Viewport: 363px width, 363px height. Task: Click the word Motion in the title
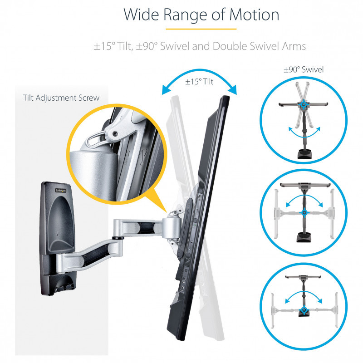(x=254, y=15)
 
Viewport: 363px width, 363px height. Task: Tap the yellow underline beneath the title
(x=201, y=29)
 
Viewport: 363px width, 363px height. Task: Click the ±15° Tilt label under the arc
(x=199, y=82)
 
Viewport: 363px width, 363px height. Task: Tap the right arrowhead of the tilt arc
(x=233, y=90)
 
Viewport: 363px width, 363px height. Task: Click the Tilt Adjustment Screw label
(x=61, y=98)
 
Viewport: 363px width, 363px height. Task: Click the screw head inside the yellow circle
(x=115, y=133)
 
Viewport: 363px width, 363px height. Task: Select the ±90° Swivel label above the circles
(x=304, y=69)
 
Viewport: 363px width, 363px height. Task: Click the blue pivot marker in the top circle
(x=303, y=105)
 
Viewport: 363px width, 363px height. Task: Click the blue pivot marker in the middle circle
(x=304, y=212)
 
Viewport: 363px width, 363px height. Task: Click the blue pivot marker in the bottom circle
(x=304, y=310)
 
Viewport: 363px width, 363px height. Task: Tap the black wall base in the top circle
(x=304, y=154)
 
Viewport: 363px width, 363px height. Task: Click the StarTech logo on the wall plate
(x=60, y=191)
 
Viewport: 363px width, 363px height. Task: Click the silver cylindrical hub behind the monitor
(x=171, y=228)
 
